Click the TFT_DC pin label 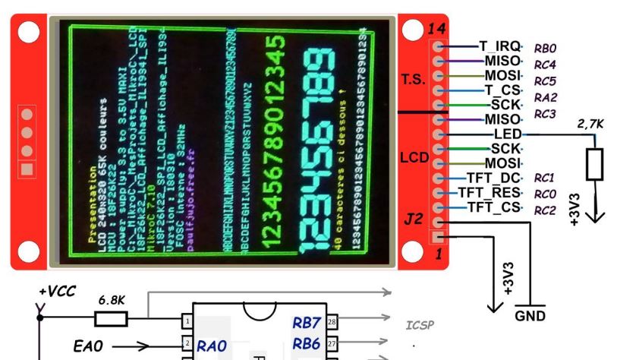pyautogui.click(x=497, y=177)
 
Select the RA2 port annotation pyautogui.click(x=546, y=97)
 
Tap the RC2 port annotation pyautogui.click(x=545, y=210)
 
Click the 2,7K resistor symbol pyautogui.click(x=596, y=165)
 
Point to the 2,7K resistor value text pyautogui.click(x=591, y=123)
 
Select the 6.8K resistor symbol pyautogui.click(x=110, y=318)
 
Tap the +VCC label pyautogui.click(x=54, y=291)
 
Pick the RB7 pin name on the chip pyautogui.click(x=307, y=324)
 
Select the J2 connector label pyautogui.click(x=413, y=219)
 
